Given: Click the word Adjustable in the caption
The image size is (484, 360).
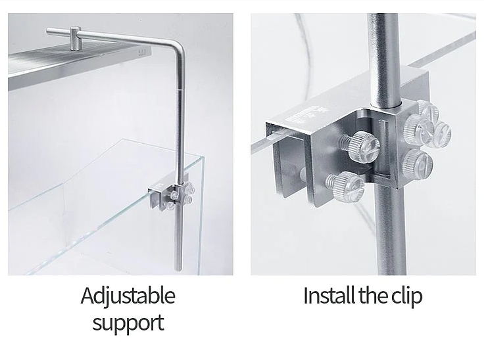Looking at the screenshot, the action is point(128,296).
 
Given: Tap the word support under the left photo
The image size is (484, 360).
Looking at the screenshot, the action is point(128,323).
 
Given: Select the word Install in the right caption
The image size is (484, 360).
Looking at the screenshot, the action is point(329,295).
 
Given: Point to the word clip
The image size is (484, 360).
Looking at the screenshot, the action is point(407,296).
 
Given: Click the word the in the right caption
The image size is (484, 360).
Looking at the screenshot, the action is point(374,295).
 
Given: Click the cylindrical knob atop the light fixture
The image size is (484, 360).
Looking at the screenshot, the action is point(76,38).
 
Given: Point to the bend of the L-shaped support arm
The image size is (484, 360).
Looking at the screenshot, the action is point(179,45).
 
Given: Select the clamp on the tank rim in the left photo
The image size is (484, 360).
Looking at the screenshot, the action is point(171,196).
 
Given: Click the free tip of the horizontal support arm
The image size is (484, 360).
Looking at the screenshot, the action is point(48,31).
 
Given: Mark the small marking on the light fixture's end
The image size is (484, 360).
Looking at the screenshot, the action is point(142,53).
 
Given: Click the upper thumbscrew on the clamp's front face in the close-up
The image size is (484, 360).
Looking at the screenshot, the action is point(361,145).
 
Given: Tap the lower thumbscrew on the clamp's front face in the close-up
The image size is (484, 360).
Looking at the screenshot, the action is point(347,184).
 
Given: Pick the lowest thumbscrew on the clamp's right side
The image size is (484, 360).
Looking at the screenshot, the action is point(418,163).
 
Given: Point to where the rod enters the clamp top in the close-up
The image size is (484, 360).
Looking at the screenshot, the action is point(386,104).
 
